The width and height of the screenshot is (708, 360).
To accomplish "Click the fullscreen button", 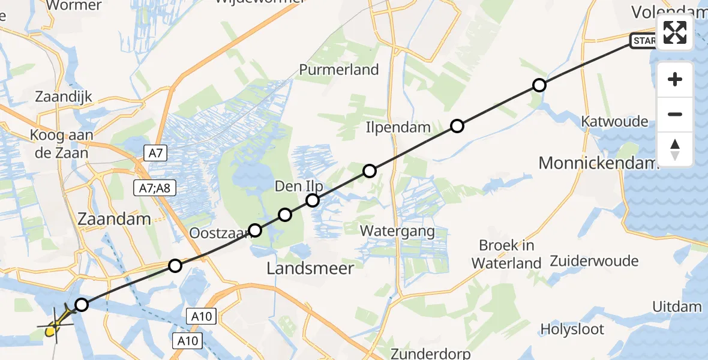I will coord(675,32).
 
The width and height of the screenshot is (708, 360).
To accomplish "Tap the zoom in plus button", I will coord(675,79).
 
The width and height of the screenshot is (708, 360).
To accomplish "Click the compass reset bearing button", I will coord(675,149).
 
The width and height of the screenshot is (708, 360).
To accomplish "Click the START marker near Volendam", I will coord(644,41).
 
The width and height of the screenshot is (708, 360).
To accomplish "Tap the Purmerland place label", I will coord(339,70).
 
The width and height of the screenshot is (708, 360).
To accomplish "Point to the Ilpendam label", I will coord(398,127).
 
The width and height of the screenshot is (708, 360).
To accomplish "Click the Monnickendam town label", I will coord(598,163).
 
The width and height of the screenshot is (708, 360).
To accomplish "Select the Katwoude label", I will coord(614,122).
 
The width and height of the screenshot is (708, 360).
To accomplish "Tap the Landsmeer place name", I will coord(310,268).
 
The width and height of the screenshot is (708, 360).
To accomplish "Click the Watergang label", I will coord(397,230).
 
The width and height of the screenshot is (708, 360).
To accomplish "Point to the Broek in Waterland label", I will coord(506,254).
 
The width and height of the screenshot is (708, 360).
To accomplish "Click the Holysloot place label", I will coord(572,329).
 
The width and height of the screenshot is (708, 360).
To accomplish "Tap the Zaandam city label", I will coord(114,219).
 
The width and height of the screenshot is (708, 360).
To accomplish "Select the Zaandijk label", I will coord(62,97).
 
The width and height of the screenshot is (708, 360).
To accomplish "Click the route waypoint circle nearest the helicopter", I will coord(81,305).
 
